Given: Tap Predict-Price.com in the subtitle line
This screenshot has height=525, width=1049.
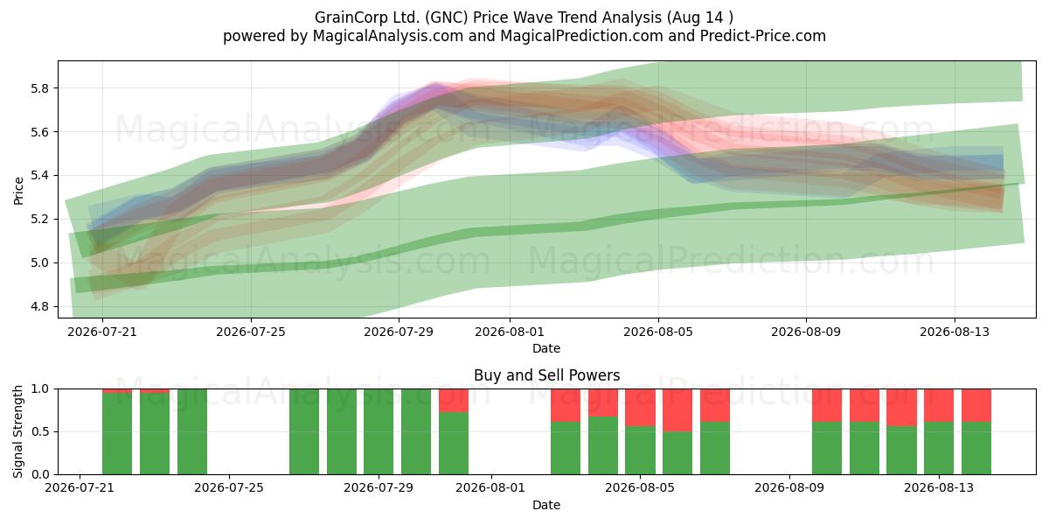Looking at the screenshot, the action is point(762,36).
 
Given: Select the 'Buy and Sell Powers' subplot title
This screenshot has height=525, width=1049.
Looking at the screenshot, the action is point(546,375).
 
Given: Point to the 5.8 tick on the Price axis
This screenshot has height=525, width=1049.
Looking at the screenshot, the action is point(39,88).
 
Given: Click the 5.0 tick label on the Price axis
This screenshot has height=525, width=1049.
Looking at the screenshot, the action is point(39,263).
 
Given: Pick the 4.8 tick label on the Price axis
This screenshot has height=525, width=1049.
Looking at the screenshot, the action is point(39,306).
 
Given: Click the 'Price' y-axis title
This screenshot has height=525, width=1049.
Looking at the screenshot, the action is point(18,191).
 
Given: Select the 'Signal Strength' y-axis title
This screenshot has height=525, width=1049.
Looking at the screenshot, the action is point(17,431).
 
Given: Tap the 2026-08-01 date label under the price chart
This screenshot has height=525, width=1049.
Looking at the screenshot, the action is point(510,332).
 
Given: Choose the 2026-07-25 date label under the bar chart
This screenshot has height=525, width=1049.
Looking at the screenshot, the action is point(229,487).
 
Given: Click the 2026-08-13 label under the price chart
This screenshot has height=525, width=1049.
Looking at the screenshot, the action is point(955,332).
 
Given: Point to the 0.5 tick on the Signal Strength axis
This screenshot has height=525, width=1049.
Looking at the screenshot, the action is point(39,431).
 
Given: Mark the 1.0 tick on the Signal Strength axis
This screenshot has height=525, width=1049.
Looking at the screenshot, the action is point(39,389).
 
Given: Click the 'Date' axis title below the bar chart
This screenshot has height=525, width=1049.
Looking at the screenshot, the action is point(546,505).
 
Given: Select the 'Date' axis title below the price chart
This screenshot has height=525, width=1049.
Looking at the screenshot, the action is point(546,348).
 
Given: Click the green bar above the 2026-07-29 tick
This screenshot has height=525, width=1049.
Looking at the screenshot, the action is point(379,431).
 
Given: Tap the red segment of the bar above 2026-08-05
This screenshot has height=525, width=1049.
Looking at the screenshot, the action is point(640,408).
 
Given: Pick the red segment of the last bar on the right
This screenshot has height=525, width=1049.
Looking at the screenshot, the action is point(976,405).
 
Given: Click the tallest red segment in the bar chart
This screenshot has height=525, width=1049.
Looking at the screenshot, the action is point(677,410).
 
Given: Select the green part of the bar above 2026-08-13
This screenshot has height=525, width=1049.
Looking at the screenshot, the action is point(939,448).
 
